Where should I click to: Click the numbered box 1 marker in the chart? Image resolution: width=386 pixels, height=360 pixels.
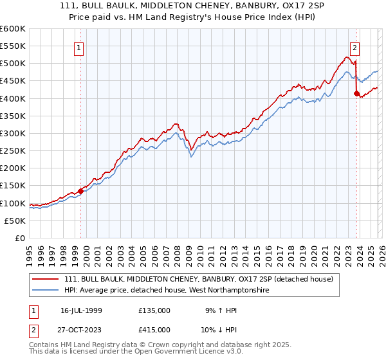[x=78, y=47]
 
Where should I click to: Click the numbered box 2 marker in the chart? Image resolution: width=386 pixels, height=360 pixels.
[x=354, y=47]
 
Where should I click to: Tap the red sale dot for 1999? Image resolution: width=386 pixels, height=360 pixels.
[x=81, y=191]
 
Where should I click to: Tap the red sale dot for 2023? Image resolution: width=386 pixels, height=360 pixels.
[x=356, y=93]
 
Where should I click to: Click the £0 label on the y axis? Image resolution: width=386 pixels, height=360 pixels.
[x=21, y=238]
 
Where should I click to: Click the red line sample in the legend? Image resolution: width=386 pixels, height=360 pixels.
[x=46, y=280]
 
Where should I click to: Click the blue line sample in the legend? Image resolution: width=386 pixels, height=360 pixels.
[x=46, y=291]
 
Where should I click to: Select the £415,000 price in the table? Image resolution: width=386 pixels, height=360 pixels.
[x=154, y=329]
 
